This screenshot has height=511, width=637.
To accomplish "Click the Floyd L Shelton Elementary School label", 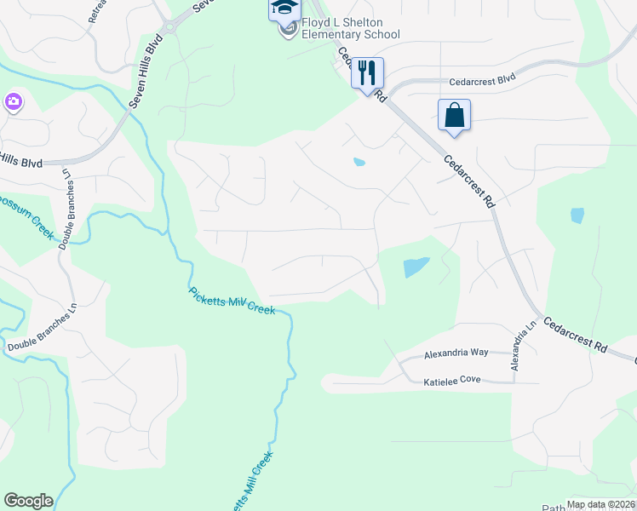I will click(x=350, y=28).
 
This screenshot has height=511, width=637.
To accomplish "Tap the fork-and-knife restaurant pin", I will click(x=368, y=74).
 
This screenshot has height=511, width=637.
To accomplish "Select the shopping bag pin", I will click(x=454, y=115).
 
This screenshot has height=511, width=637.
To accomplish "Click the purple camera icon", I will click(x=13, y=103).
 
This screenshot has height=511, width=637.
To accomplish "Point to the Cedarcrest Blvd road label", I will click(x=483, y=79).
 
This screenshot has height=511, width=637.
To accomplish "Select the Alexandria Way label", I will click(x=456, y=353).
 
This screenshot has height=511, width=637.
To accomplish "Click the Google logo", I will click(x=28, y=501).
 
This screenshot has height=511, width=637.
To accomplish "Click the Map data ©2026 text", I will click(x=600, y=504).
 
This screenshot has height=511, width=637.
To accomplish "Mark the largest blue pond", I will click(x=416, y=267).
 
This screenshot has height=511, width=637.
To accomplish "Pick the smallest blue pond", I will click(x=359, y=161).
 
